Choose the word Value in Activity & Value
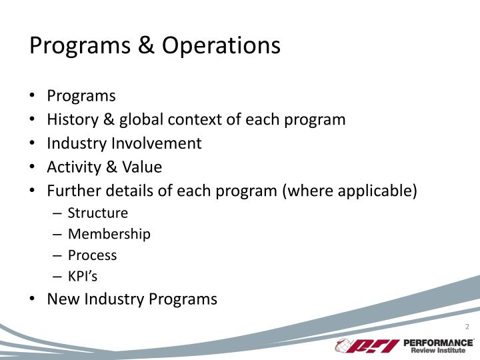[x=141, y=167]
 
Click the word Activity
[x=74, y=167]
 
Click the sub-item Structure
[x=97, y=213]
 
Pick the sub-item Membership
[x=109, y=234]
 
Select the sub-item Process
[x=92, y=255]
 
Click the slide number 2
[x=467, y=326]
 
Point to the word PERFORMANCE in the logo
[x=438, y=342]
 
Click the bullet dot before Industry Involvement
[x=33, y=143]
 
